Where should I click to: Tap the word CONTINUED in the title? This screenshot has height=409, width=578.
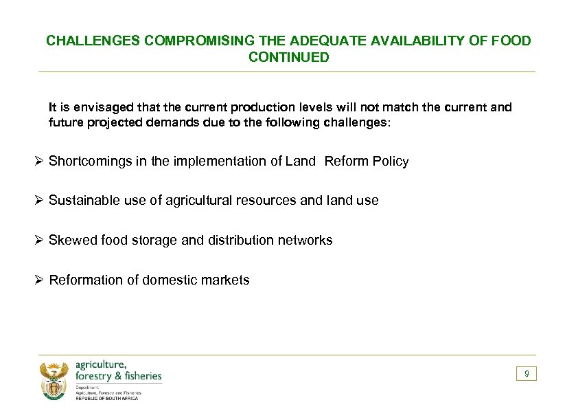pos(289,58)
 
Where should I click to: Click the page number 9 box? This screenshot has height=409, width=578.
pos(527,374)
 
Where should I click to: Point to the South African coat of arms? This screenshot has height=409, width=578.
pos(54,380)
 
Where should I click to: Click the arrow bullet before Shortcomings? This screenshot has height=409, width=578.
pos(40,162)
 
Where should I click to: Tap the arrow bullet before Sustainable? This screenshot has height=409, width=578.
pos(40,201)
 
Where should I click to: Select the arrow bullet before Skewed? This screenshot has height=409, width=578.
pos(40,241)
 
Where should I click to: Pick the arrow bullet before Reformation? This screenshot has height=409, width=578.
pos(40,280)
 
